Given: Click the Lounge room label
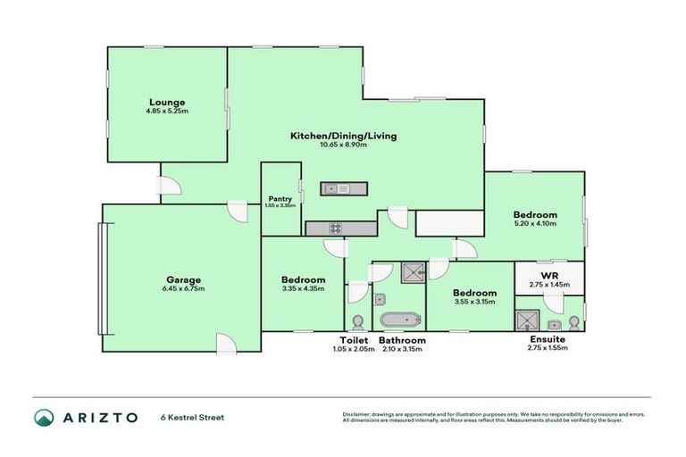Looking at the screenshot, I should (x=166, y=101).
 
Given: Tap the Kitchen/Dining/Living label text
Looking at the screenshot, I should (x=343, y=136).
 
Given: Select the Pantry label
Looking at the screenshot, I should (x=280, y=199).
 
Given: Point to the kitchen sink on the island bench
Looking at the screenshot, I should (x=331, y=188).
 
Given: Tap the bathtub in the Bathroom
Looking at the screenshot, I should (x=397, y=320).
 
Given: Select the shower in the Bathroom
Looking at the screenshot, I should (x=413, y=273).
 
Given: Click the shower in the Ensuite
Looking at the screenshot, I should (x=526, y=320).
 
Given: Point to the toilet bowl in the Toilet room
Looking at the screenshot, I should (x=357, y=321).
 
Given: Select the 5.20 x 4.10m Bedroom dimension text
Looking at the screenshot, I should (x=535, y=225).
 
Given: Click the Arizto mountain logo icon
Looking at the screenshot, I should (x=44, y=417).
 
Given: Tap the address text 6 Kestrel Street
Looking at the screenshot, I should (x=194, y=417).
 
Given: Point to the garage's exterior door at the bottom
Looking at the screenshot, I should (x=226, y=344).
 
